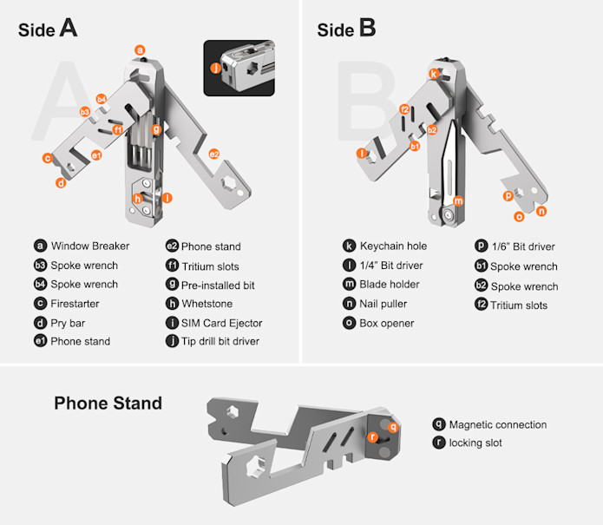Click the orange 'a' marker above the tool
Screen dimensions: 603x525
tap(140, 50)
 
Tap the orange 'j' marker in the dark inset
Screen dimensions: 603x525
tap(216, 68)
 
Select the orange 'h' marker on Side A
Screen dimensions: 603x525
tap(138, 199)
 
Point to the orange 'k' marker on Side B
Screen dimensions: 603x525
tap(434, 74)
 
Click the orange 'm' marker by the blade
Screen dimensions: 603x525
tap(458, 200)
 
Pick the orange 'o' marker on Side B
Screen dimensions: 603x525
tap(519, 217)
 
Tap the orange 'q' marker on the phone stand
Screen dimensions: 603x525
tap(393, 427)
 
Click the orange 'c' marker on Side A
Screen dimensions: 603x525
tap(48, 158)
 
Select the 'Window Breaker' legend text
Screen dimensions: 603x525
tap(90, 246)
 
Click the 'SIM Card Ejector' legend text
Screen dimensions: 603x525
tap(221, 323)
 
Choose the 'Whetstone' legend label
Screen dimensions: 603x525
tap(206, 304)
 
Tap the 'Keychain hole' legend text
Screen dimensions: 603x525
tap(393, 246)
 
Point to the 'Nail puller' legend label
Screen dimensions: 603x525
tap(383, 304)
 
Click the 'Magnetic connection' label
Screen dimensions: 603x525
tap(498, 424)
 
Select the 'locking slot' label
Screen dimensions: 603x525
tap(475, 443)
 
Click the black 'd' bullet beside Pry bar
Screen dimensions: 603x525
tap(41, 323)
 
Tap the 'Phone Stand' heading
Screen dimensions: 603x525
tap(108, 403)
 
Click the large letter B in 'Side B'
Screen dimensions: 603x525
tap(367, 28)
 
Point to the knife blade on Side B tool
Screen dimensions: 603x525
tap(449, 165)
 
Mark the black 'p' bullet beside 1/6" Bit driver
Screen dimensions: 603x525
tap(481, 246)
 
